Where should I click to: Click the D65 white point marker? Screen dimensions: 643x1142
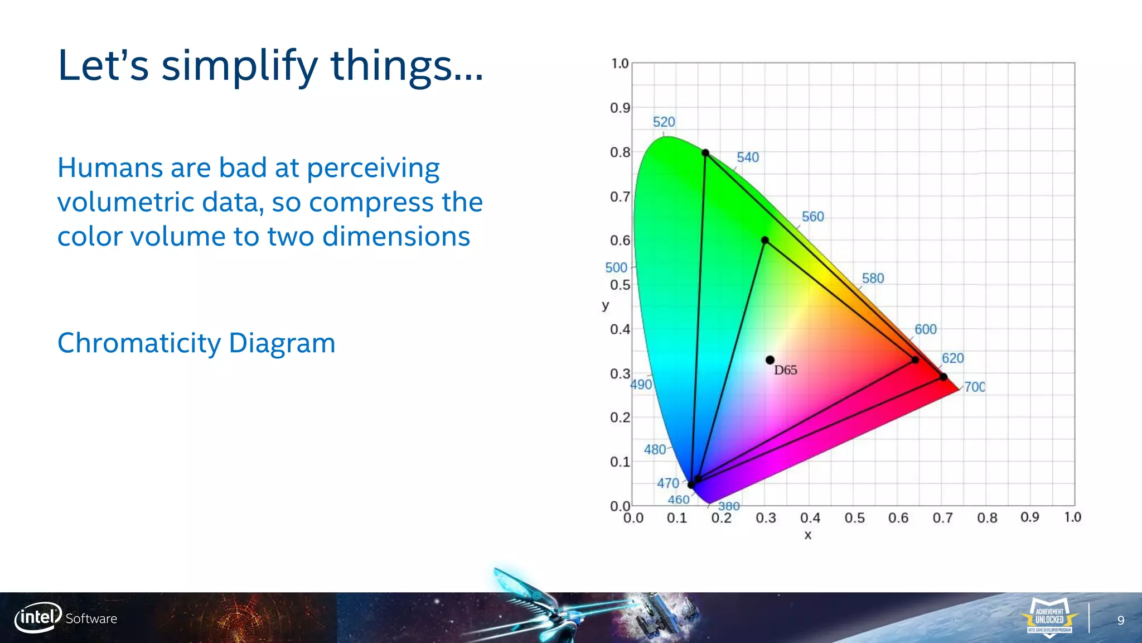[770, 360]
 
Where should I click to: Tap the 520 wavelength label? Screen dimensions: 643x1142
[664, 122]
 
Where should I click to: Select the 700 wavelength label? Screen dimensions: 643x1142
[974, 387]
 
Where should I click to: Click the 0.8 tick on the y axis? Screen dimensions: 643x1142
[620, 152]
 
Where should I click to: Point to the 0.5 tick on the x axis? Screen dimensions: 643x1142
[854, 518]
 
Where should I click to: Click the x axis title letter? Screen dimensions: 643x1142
[807, 535]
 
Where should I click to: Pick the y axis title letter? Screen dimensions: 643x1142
[606, 305]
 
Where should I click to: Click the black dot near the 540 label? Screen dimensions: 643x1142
[705, 152]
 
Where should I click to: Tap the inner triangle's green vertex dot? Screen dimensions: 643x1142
[765, 240]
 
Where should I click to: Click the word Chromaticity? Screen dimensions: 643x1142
[139, 343]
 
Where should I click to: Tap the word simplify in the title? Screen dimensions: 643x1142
[240, 66]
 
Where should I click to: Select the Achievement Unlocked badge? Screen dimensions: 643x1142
[1049, 618]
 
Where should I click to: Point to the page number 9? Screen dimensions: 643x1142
[1121, 621]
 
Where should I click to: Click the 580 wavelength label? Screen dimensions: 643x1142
[873, 278]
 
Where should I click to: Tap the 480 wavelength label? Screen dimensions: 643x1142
[655, 449]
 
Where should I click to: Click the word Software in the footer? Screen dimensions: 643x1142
[91, 618]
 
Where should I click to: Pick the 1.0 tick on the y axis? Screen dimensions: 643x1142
[620, 64]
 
